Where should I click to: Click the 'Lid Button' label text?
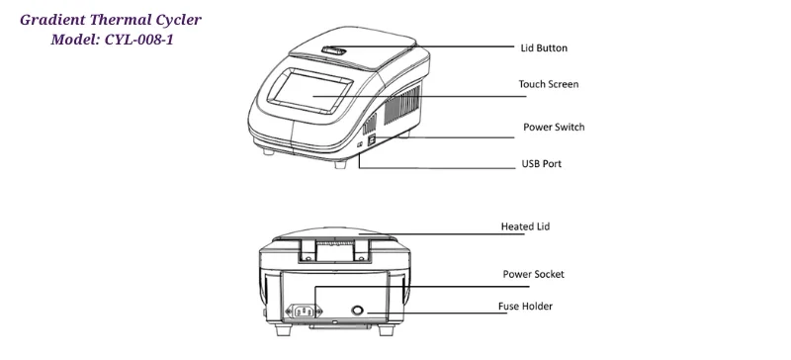(544, 47)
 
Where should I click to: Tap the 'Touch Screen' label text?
(549, 84)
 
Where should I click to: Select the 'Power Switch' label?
(553, 128)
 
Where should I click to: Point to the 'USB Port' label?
(541, 163)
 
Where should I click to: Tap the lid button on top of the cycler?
(335, 50)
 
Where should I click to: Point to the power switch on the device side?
(371, 140)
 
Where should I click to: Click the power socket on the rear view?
(305, 313)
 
